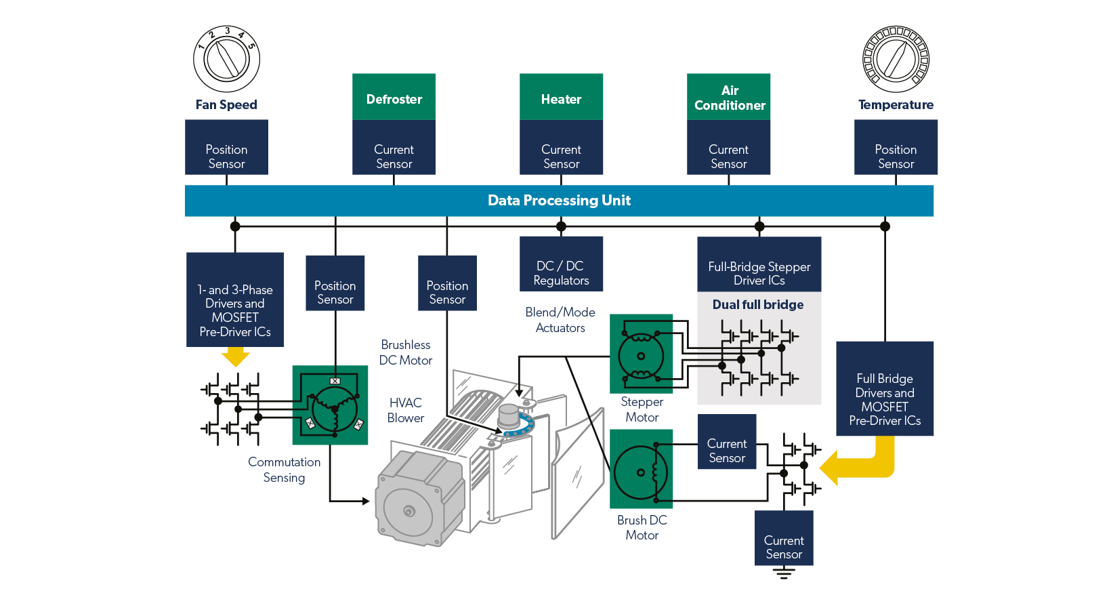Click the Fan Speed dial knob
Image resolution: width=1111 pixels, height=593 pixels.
[x=226, y=59]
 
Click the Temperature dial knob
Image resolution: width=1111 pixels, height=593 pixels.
[x=896, y=59]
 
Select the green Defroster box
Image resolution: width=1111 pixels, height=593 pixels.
[x=394, y=98]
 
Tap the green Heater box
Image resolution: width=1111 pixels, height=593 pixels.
[x=561, y=98]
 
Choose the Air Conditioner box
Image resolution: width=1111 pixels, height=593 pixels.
[x=729, y=97]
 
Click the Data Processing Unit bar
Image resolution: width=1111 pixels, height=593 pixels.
[x=560, y=201]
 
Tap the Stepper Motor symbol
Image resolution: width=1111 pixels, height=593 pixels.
[x=641, y=354]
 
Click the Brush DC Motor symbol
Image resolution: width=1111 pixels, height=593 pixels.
[x=641, y=470]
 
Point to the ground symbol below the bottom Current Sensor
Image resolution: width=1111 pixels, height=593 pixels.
[x=784, y=574]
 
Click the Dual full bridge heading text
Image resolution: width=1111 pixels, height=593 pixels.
[x=758, y=305]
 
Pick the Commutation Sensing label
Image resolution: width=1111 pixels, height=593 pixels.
[x=284, y=470]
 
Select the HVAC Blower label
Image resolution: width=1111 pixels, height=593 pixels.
[x=406, y=411]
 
